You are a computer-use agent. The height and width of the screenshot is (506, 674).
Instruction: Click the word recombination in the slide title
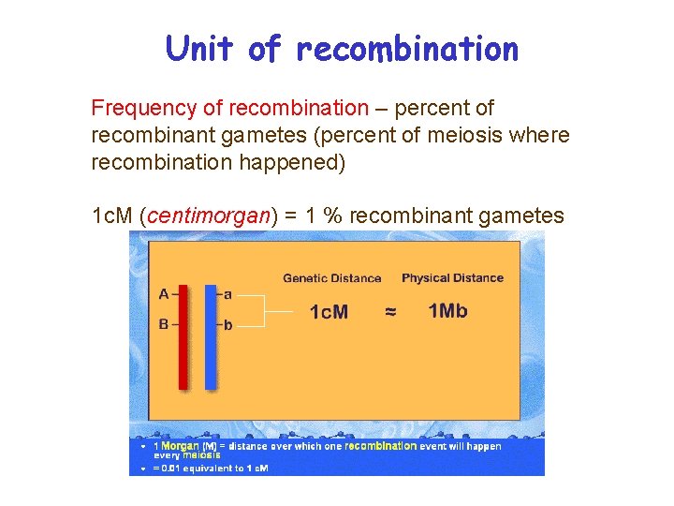tap(406, 49)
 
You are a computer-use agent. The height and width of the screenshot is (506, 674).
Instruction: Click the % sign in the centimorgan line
tap(330, 216)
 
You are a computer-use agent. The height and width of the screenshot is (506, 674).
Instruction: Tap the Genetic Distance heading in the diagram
tap(331, 277)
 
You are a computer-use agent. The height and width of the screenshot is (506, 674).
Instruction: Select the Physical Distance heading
tap(452, 277)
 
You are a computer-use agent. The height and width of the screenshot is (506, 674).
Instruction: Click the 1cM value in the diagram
tap(329, 312)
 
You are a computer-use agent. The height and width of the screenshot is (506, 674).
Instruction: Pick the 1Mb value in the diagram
tap(447, 311)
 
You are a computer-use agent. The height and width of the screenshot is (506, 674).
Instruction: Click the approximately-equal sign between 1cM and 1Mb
tap(390, 312)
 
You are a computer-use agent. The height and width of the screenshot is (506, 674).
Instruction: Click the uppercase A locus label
tap(163, 294)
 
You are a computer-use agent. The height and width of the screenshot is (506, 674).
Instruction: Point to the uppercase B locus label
tap(163, 325)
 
